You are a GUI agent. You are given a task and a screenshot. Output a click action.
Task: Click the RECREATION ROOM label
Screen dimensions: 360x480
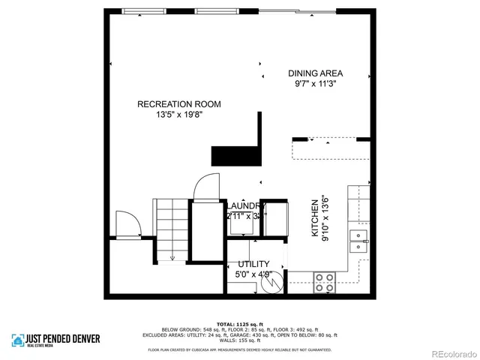click(x=178, y=104)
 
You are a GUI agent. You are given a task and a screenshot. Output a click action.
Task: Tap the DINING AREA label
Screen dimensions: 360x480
click(x=316, y=73)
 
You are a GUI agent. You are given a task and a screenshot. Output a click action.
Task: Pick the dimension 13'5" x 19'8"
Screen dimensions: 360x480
click(x=179, y=115)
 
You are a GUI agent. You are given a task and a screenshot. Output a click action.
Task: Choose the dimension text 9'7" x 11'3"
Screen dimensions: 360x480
click(x=316, y=85)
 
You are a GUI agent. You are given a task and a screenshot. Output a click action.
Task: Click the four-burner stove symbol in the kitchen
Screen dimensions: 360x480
click(x=324, y=282)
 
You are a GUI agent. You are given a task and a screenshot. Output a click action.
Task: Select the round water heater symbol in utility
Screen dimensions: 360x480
click(x=274, y=282)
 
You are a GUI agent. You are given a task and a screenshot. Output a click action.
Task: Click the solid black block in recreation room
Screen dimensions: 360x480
click(x=235, y=155)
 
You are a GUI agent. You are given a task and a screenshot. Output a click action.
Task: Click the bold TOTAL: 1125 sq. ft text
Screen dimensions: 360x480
click(x=240, y=324)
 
